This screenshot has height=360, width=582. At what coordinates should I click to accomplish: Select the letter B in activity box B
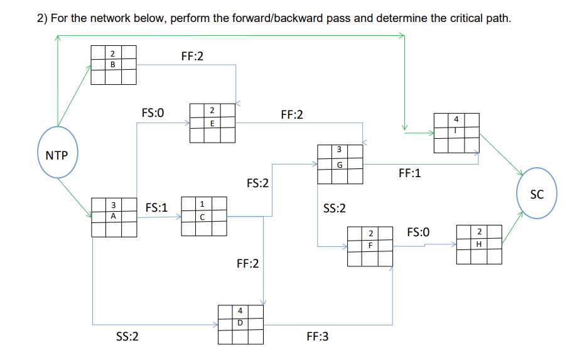click(113, 64)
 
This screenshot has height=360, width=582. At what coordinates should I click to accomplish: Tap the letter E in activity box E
click(212, 124)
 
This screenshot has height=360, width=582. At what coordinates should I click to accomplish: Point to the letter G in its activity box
click(339, 165)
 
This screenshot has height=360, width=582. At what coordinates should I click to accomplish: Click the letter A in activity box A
click(113, 215)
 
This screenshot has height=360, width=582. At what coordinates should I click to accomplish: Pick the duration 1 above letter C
click(202, 204)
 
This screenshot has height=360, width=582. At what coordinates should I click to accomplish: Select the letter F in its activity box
click(370, 246)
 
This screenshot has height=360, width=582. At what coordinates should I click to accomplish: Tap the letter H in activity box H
click(479, 244)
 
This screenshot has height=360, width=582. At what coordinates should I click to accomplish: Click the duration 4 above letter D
click(240, 311)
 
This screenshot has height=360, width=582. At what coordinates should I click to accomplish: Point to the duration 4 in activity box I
click(456, 118)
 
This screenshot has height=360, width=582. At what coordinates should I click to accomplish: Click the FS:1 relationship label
click(156, 207)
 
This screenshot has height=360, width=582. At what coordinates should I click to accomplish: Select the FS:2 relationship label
click(257, 183)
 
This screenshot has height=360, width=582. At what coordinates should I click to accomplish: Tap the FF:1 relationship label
click(409, 173)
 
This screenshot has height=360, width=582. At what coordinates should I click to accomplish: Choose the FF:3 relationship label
click(317, 337)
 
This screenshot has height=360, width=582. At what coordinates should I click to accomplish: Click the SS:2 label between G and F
click(334, 208)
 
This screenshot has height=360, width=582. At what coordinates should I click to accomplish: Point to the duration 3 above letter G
click(339, 150)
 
